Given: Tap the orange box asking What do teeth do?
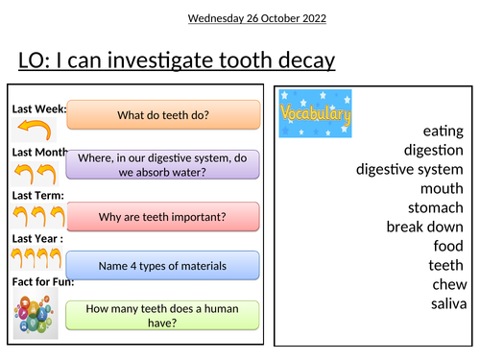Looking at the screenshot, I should click(x=164, y=115).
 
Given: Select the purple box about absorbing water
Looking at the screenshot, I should click(x=164, y=165).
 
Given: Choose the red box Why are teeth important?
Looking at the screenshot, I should click(x=164, y=217).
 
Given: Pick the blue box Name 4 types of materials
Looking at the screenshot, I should click(x=164, y=265).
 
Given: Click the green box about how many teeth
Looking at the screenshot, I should click(x=164, y=316).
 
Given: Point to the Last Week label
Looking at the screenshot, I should click(x=38, y=109).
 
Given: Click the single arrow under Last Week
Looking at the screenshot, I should click(x=33, y=130).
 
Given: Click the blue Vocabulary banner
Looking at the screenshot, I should click(x=316, y=114).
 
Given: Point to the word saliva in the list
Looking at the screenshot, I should click(x=446, y=304).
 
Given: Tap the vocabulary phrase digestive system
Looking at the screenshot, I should click(x=410, y=169).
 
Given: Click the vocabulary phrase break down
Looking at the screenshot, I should click(x=425, y=227).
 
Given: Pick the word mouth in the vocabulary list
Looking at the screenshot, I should click(x=442, y=188).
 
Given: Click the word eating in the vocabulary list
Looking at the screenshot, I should click(x=443, y=131).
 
